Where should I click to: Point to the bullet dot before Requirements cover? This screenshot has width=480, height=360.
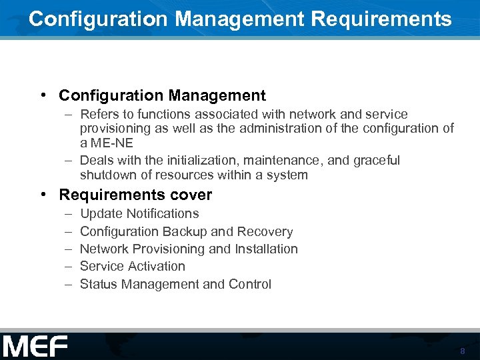(x=42, y=194)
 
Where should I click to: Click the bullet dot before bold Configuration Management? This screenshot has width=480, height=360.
(x=42, y=95)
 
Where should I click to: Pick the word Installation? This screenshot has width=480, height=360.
(x=265, y=249)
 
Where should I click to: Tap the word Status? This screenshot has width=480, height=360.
(x=98, y=284)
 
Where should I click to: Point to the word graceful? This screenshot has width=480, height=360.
(x=377, y=160)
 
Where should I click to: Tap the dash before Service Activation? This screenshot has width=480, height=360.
(x=69, y=266)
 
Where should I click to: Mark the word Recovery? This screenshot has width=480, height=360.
(x=269, y=231)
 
